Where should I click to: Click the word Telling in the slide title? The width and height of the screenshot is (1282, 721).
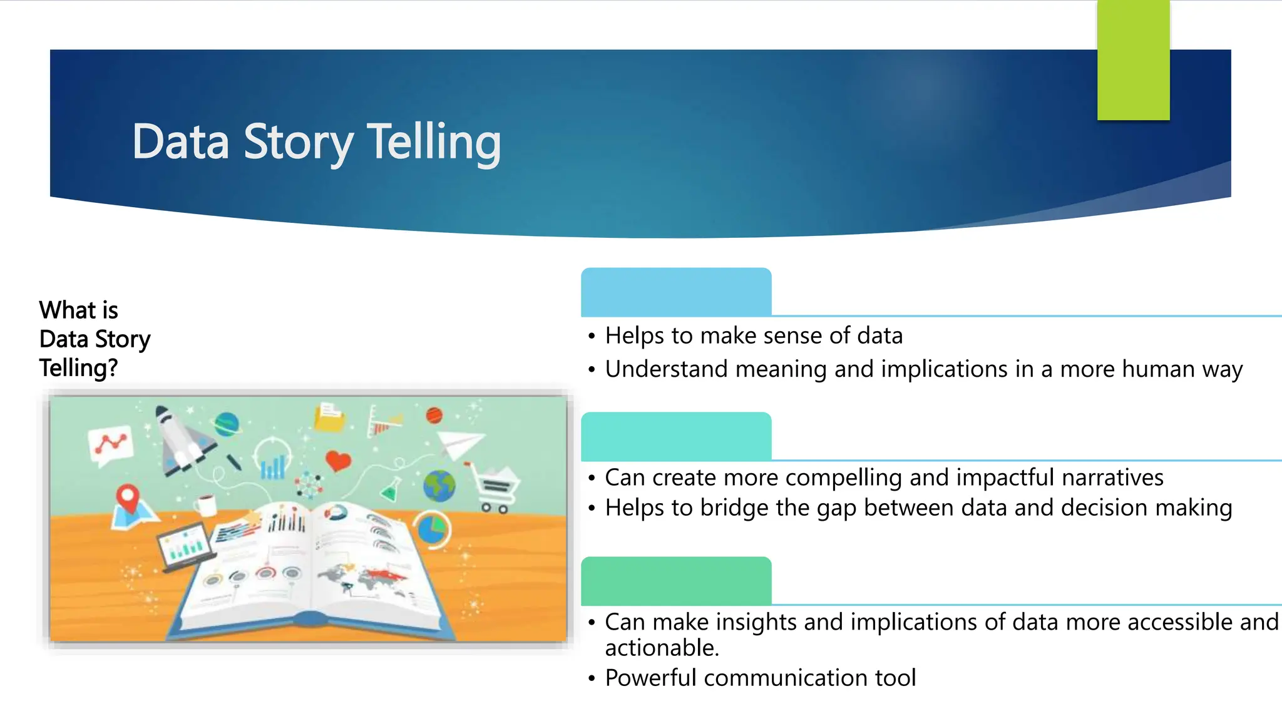click(x=433, y=141)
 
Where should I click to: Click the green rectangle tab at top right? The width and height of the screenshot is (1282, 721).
click(x=1133, y=60)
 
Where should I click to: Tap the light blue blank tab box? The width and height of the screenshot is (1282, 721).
click(x=676, y=292)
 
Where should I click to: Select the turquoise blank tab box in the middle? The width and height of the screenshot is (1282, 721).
click(x=676, y=436)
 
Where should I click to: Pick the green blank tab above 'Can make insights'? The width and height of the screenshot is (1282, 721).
click(x=676, y=581)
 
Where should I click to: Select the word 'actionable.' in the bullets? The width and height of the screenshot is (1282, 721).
click(x=662, y=648)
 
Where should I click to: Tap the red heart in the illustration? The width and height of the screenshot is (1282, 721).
click(x=338, y=461)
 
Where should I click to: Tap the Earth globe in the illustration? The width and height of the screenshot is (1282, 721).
click(x=439, y=486)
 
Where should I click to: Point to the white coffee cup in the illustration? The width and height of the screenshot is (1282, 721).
click(x=205, y=504)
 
